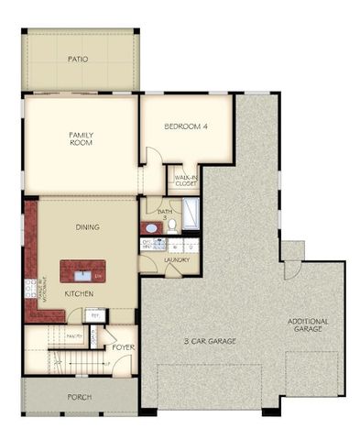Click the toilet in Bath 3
171,224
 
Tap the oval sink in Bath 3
149,226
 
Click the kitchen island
82,271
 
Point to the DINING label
88,227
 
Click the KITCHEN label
78,294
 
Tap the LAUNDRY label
176,260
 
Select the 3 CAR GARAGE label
209,341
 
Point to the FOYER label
124,347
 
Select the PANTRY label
75,336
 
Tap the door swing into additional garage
291,269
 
